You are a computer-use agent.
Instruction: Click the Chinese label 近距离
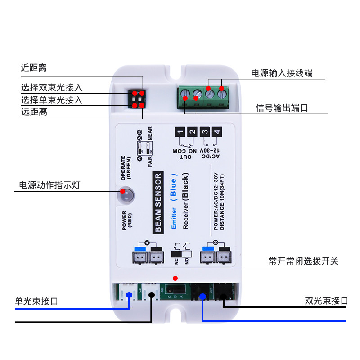[x=34, y=68]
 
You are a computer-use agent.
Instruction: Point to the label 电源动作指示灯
[x=49, y=185]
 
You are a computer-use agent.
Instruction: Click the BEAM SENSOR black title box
[x=158, y=203]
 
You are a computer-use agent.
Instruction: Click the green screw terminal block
[x=205, y=97]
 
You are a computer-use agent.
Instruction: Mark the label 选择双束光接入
[x=52, y=88]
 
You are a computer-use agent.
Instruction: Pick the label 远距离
[x=34, y=112]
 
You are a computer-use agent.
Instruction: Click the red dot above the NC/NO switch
[x=175, y=279]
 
